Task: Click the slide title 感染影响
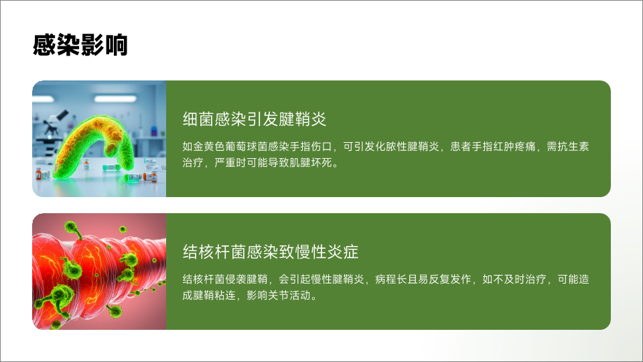(80, 45)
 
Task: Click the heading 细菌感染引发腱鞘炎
(255, 119)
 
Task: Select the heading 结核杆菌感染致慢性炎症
(271, 252)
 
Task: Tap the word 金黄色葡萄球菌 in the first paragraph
(230, 147)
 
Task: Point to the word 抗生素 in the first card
(573, 147)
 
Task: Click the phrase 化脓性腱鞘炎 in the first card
(407, 147)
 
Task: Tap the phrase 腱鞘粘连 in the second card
(214, 295)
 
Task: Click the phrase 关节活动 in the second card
(289, 295)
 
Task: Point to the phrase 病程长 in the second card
(391, 279)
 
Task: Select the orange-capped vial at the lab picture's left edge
(39, 174)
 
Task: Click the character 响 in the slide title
(117, 45)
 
